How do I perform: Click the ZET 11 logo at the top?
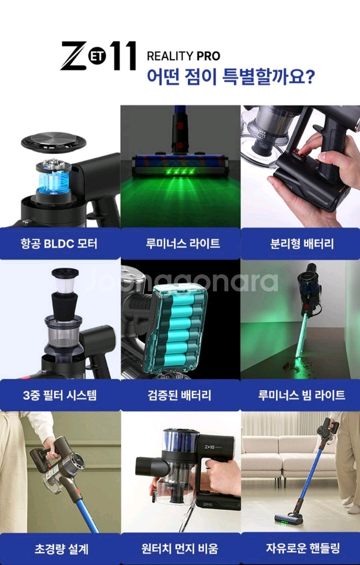tap(98, 55)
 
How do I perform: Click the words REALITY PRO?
tap(183, 56)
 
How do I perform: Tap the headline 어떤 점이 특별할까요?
tap(230, 75)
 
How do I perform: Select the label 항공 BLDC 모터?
tap(60, 243)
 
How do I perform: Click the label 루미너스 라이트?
tap(180, 243)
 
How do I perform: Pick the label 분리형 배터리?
tap(300, 243)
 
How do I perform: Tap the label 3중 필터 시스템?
tap(60, 395)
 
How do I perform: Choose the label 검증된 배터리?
tap(180, 395)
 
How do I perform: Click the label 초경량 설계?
tap(60, 548)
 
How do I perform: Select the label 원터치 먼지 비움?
tap(180, 548)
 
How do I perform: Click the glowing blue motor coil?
tap(53, 180)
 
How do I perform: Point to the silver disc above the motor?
tap(53, 141)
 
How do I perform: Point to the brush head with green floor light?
tap(180, 164)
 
